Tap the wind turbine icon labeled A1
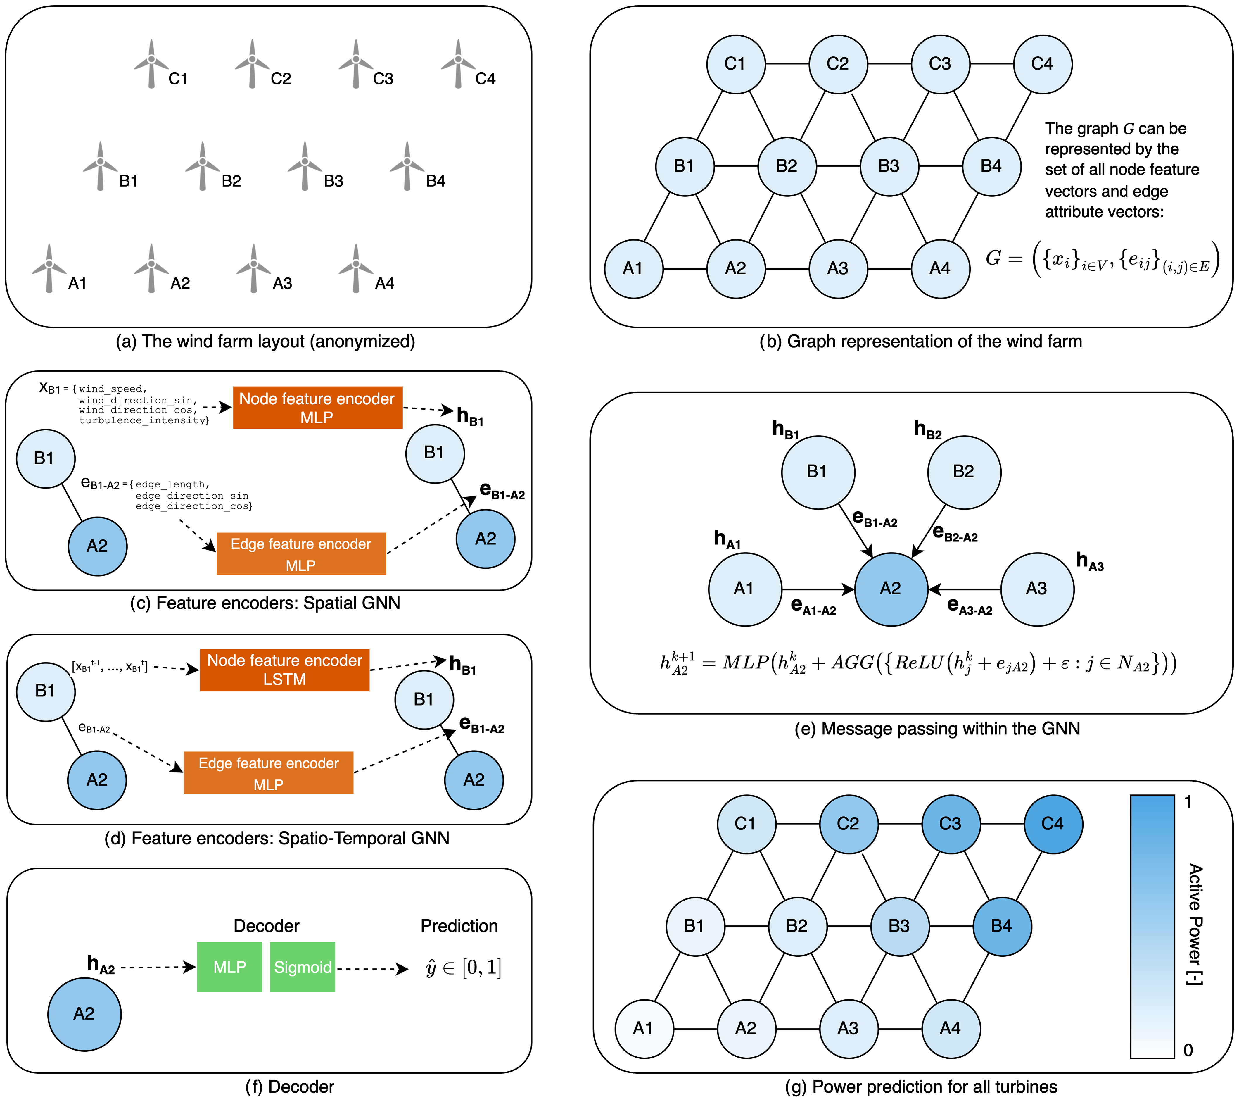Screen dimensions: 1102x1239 (x=49, y=268)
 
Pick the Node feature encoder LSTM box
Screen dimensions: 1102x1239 (x=284, y=670)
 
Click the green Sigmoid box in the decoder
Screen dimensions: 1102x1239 (x=303, y=967)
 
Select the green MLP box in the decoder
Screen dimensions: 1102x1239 (x=229, y=967)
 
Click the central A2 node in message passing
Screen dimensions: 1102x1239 (x=891, y=589)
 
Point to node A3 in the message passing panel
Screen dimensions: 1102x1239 (x=1036, y=589)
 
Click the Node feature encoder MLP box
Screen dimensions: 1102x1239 (x=317, y=408)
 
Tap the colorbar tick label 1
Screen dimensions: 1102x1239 (x=1188, y=802)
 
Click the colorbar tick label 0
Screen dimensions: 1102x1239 (x=1188, y=1051)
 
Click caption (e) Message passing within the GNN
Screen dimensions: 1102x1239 (x=937, y=728)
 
